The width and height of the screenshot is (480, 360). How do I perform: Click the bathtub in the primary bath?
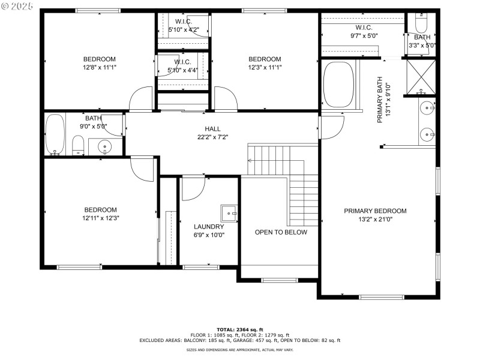(x=340, y=85)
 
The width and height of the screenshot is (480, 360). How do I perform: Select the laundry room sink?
(x=229, y=212)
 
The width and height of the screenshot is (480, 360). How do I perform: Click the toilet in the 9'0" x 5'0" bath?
(x=78, y=145)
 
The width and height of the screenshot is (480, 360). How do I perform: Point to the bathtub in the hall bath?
(x=55, y=136)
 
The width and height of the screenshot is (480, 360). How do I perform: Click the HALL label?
(x=212, y=129)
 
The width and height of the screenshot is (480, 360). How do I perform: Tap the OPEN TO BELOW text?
(x=281, y=232)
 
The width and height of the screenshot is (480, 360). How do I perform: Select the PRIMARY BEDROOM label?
(x=375, y=211)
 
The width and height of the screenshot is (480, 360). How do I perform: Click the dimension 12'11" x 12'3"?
(x=100, y=218)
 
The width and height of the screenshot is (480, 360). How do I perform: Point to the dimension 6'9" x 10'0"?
(x=209, y=235)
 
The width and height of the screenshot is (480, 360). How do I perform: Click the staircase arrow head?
(x=250, y=161)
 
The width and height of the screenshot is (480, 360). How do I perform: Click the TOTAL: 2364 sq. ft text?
(x=240, y=329)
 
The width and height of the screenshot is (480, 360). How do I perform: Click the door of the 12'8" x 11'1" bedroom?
(x=141, y=100)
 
